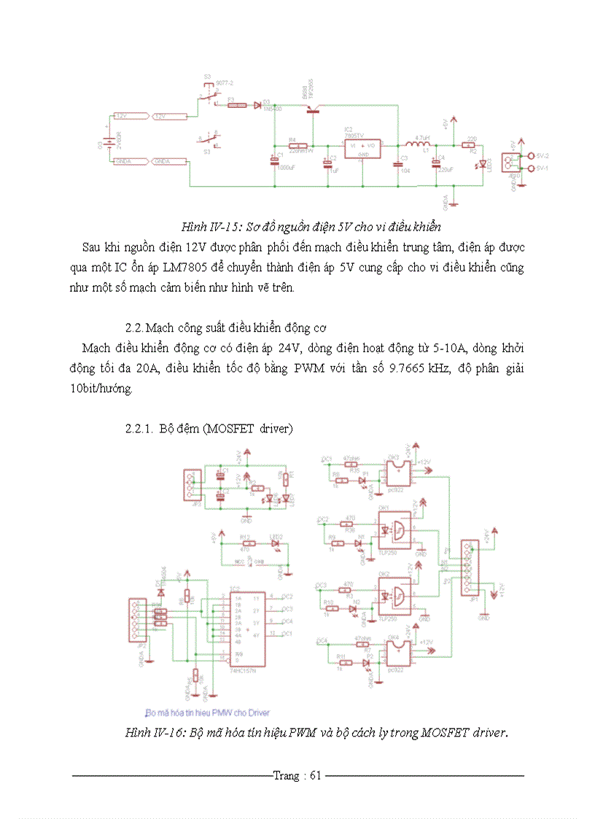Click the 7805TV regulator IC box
pyautogui.click(x=362, y=146)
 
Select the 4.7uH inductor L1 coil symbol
pyautogui.click(x=422, y=144)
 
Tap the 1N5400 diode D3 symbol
pyautogui.click(x=257, y=105)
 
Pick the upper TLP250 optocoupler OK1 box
pyautogui.click(x=394, y=532)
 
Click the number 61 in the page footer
pyautogui.click(x=315, y=775)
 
